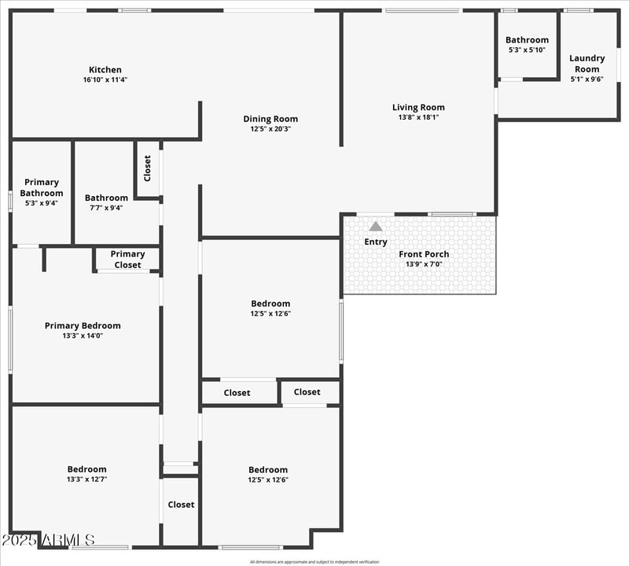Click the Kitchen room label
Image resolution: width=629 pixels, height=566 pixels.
[x=105, y=69]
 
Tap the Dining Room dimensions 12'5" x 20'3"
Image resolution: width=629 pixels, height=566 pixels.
[x=270, y=129]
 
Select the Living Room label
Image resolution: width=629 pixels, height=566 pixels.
[x=418, y=107]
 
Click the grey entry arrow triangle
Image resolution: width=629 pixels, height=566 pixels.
[x=376, y=227]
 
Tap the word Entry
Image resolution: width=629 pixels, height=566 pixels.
[x=376, y=242]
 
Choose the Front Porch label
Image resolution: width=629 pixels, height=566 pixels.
[x=424, y=253]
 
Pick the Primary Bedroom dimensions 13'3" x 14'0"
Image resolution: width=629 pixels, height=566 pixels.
[x=83, y=335]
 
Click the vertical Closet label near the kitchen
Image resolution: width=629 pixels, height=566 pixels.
[x=148, y=168]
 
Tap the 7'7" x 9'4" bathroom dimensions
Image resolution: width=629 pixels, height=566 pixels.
[x=106, y=208]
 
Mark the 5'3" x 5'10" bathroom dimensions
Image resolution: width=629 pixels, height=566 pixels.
[x=527, y=50]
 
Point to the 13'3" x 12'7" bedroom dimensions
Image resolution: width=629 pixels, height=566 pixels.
[x=86, y=479]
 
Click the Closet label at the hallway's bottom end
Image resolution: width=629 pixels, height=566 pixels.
[x=181, y=505]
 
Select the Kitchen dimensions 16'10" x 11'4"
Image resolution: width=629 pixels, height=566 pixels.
[x=105, y=80]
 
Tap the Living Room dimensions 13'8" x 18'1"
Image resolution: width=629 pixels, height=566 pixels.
[x=418, y=117]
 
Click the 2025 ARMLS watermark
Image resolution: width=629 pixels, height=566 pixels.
[x=48, y=540]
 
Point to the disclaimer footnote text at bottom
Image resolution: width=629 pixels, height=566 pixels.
[x=314, y=561]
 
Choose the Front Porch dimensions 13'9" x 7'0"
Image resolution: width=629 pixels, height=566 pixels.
[x=424, y=265]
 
